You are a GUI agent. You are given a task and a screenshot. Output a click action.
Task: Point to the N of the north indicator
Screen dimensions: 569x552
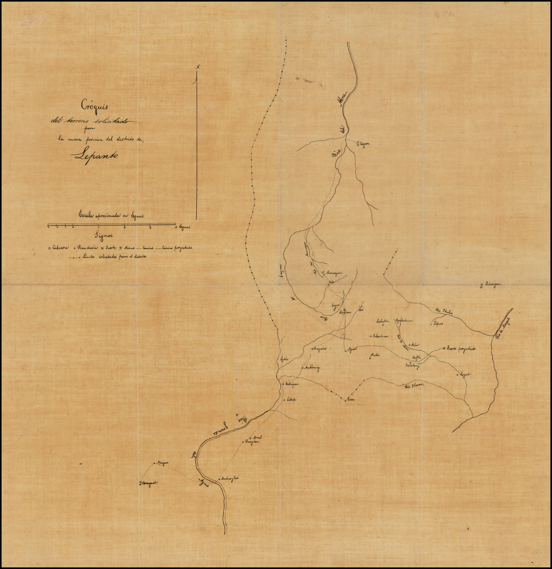[x=198, y=67]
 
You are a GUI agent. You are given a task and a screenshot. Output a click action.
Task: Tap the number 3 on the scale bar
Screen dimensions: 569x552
[x=150, y=227]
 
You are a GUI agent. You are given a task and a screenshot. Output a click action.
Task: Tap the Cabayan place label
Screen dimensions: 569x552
[x=292, y=384]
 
